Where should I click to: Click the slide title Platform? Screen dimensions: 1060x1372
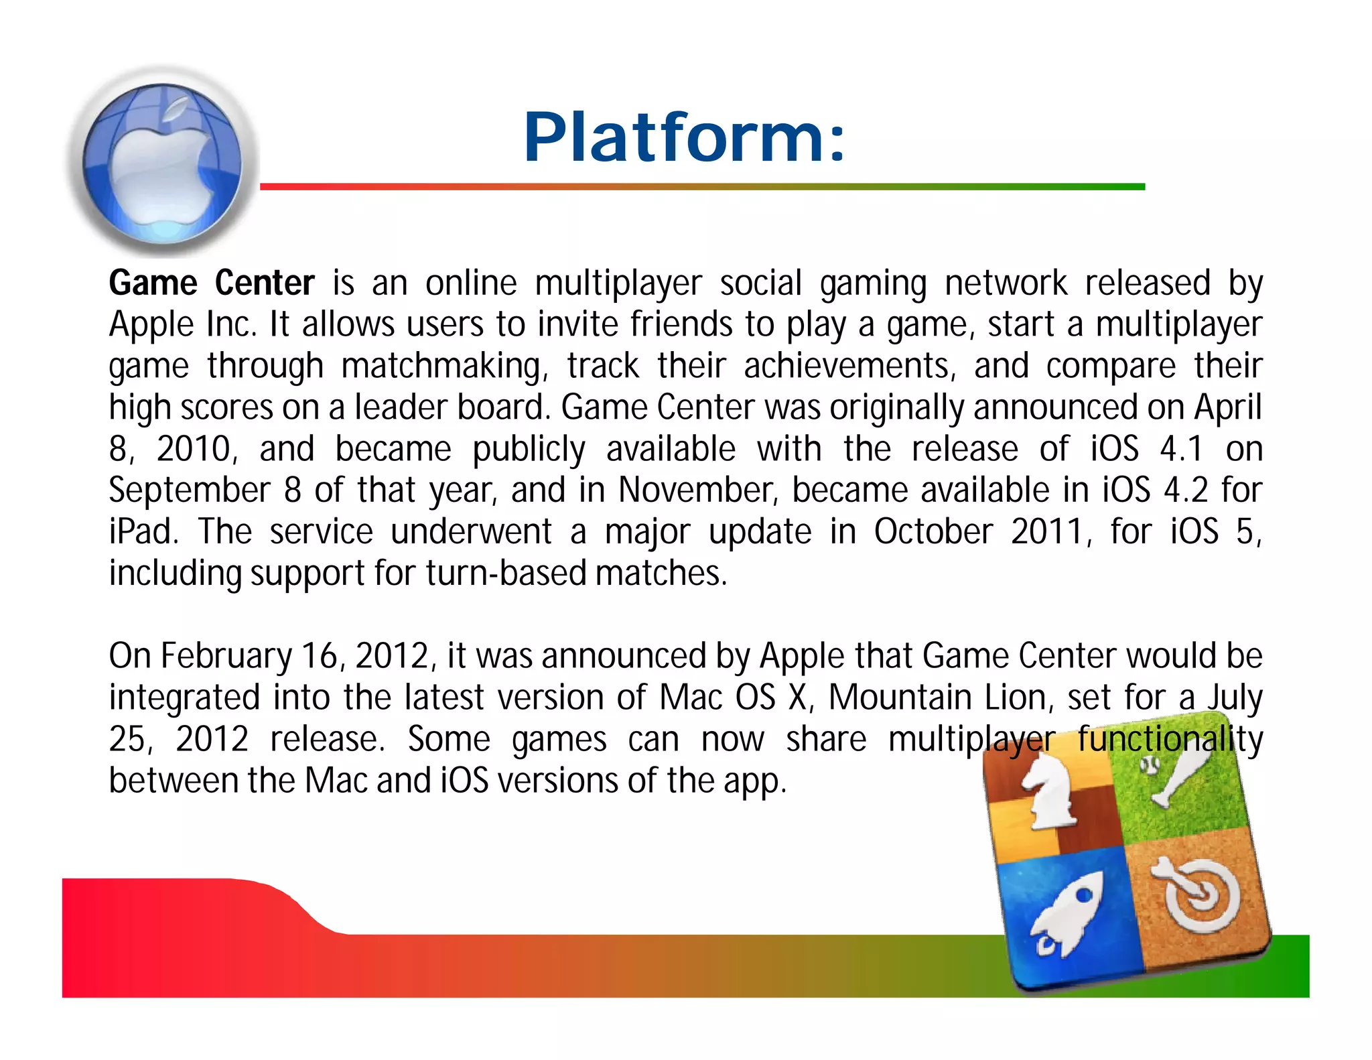point(685,137)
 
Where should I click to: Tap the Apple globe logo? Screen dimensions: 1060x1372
point(163,163)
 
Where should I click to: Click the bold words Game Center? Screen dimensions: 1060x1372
point(212,283)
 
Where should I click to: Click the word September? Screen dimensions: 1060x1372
point(190,490)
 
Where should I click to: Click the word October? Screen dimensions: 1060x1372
point(933,532)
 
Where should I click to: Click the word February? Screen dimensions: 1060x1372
point(226,656)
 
